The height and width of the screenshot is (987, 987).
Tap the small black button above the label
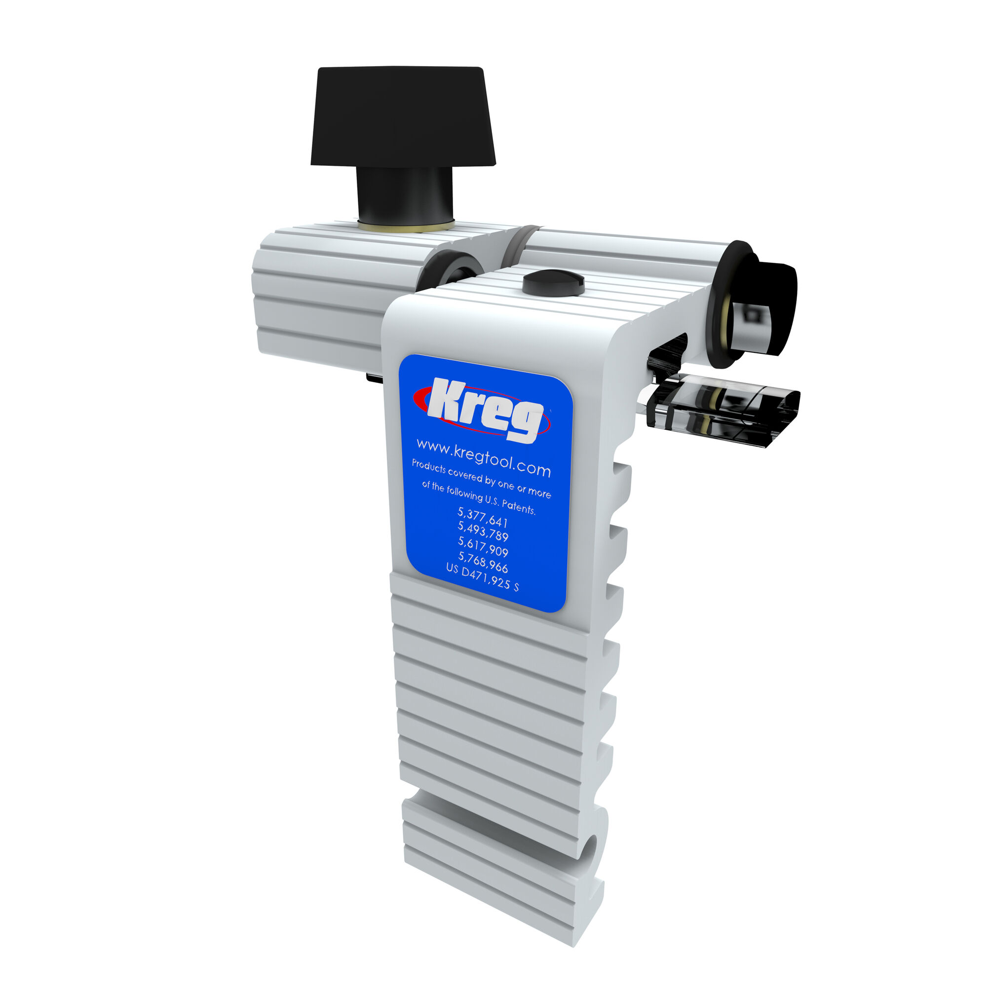tap(553, 282)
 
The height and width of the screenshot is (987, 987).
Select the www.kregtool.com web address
tap(483, 457)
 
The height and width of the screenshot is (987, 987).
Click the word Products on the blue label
tap(429, 467)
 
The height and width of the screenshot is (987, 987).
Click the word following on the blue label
tap(464, 493)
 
